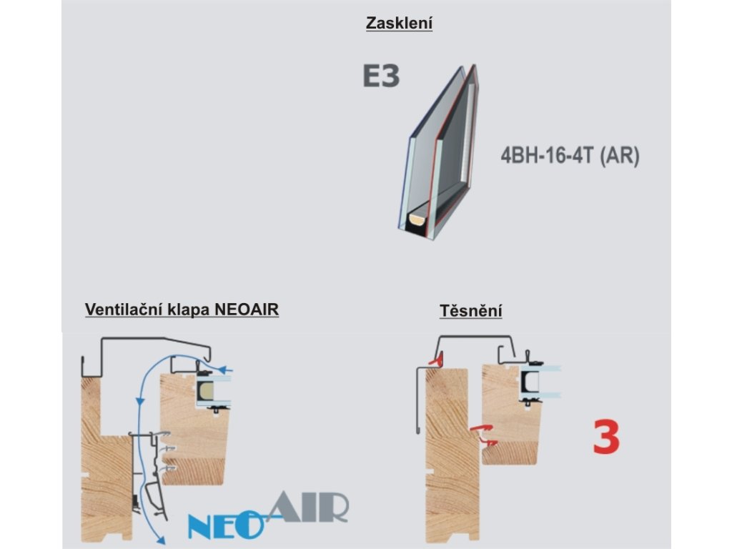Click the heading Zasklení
(x=399, y=24)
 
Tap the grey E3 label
(x=380, y=76)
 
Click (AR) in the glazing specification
(x=618, y=157)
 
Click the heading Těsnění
(x=470, y=311)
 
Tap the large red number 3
(x=605, y=438)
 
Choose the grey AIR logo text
(x=309, y=507)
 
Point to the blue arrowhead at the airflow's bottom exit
(x=162, y=541)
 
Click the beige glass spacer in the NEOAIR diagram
(x=205, y=390)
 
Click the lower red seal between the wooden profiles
(x=489, y=443)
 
